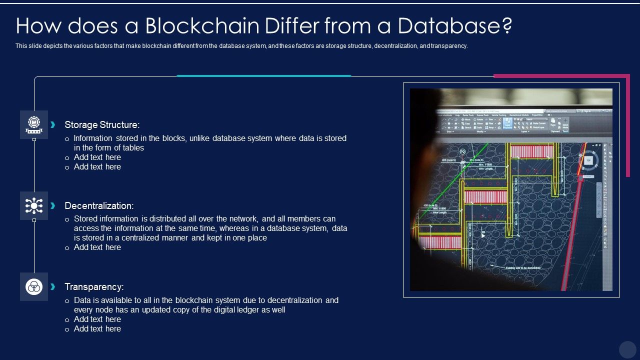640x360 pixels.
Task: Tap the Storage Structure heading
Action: pyautogui.click(x=102, y=125)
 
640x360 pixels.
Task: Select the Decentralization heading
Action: pyautogui.click(x=99, y=206)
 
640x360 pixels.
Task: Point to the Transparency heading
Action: pyautogui.click(x=94, y=287)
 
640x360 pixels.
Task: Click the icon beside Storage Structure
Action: pyautogui.click(x=34, y=124)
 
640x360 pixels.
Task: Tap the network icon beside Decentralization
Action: pyautogui.click(x=34, y=205)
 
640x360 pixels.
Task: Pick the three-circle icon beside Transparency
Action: pyautogui.click(x=34, y=286)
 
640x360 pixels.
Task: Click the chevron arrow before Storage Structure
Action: pyautogui.click(x=53, y=124)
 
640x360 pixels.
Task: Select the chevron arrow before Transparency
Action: pyautogui.click(x=53, y=286)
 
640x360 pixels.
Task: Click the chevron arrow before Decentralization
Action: pyautogui.click(x=53, y=205)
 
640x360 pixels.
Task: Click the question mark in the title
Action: pyautogui.click(x=505, y=25)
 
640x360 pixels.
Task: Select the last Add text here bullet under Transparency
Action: pyautogui.click(x=97, y=329)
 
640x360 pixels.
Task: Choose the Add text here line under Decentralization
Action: pyautogui.click(x=97, y=247)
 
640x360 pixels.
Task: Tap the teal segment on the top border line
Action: pyautogui.click(x=264, y=76)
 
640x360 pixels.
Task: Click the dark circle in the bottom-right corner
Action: pyautogui.click(x=627, y=349)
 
